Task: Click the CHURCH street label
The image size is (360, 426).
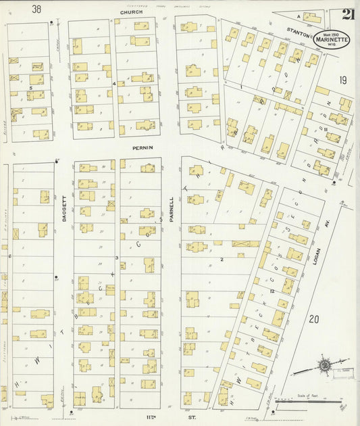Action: (132, 12)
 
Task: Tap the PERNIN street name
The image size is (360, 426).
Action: (143, 147)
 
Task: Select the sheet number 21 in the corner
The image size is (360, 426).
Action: (348, 15)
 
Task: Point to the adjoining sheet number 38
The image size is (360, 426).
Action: (36, 9)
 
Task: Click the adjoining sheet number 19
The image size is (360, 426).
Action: (343, 80)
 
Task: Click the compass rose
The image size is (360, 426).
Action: (325, 366)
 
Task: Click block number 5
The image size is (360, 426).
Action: (30, 88)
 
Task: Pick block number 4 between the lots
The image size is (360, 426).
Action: (114, 84)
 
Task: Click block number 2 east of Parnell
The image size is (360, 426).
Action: (221, 259)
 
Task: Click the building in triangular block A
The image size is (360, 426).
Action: (311, 17)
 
